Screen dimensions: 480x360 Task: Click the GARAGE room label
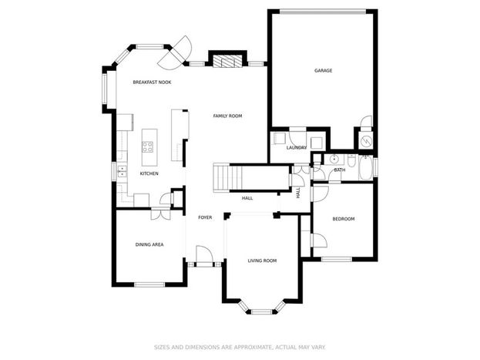[x=324, y=70]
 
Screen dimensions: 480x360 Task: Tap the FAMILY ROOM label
[x=227, y=116]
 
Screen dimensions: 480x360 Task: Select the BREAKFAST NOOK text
[x=152, y=82]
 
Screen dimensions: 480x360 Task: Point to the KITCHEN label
[x=149, y=173]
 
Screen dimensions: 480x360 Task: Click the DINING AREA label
[x=149, y=244]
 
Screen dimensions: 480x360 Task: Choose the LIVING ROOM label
[x=262, y=261]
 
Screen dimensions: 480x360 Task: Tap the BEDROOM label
[x=344, y=219]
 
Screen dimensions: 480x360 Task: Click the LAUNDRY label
[x=297, y=148]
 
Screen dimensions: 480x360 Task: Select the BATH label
[x=340, y=170]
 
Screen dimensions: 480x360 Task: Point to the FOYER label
[x=205, y=217]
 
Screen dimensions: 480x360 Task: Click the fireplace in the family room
[x=227, y=61]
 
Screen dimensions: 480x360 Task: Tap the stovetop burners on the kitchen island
[x=148, y=146]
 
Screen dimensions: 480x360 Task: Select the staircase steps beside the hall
[x=221, y=178]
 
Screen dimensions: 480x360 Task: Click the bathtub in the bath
[x=365, y=167]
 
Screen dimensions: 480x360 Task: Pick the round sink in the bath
[x=334, y=159]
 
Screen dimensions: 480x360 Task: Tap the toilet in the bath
[x=352, y=160]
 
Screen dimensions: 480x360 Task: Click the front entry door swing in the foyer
[x=203, y=254]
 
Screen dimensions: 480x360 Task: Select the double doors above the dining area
[x=161, y=214]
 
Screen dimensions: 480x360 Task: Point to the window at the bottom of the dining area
[x=149, y=284]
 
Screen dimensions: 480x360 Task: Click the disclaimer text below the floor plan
[x=240, y=348]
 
